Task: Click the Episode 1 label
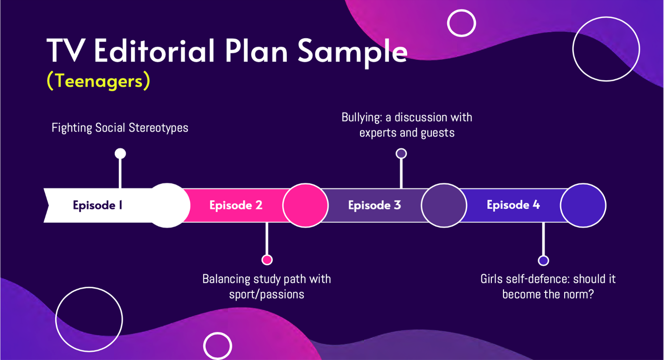tap(97, 205)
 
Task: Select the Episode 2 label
tap(235, 205)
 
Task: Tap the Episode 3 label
tap(374, 205)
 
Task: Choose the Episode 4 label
tap(513, 205)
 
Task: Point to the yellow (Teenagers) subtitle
tap(98, 81)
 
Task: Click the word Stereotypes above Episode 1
tap(159, 128)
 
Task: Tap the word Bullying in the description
tap(361, 117)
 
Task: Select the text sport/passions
tap(267, 294)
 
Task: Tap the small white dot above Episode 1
tap(120, 153)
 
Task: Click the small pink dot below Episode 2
tap(267, 260)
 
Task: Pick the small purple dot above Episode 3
tap(401, 153)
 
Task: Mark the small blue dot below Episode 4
tap(543, 260)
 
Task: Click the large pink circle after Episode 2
tap(305, 205)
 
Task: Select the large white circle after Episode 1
tap(167, 205)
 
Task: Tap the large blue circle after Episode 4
tap(583, 205)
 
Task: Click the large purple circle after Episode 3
tap(444, 205)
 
